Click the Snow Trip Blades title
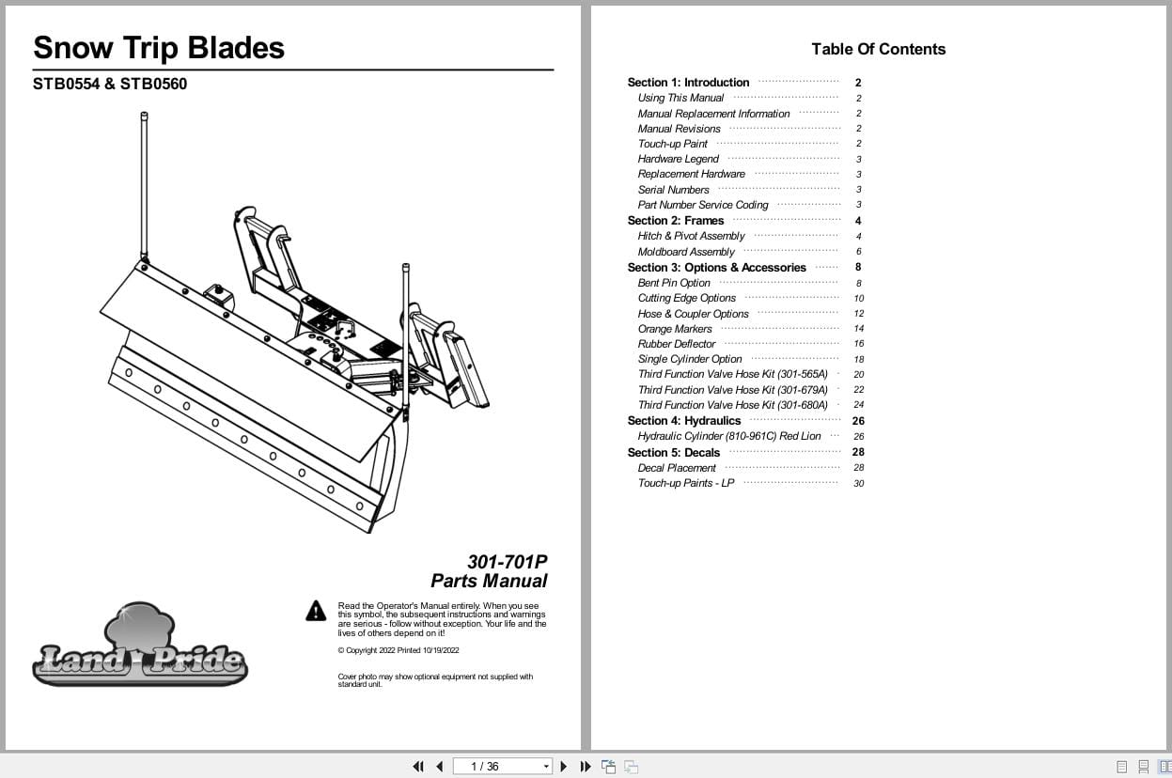(x=158, y=48)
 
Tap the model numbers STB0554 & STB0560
(x=110, y=84)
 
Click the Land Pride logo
(x=139, y=647)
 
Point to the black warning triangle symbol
(x=316, y=611)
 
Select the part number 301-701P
(x=507, y=562)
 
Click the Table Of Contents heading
(x=878, y=49)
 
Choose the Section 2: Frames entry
(x=676, y=221)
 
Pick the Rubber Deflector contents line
(x=677, y=344)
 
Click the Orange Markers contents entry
(x=675, y=329)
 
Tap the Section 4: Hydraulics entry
(x=684, y=421)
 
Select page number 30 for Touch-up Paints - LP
(x=858, y=484)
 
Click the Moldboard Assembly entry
(x=686, y=252)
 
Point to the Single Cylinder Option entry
(x=690, y=359)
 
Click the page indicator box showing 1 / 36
(x=501, y=766)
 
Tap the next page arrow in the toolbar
(x=563, y=766)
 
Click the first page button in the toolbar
(x=418, y=766)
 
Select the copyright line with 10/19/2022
(x=398, y=650)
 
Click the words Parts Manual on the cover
(x=489, y=581)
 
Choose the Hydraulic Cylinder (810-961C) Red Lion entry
(x=729, y=436)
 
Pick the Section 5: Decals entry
(x=674, y=452)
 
